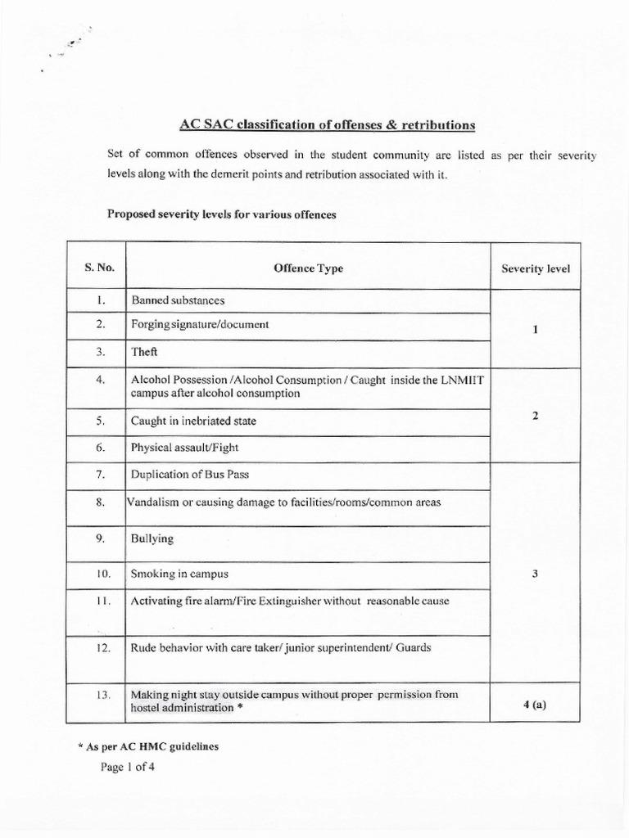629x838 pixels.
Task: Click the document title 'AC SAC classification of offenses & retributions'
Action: point(327,125)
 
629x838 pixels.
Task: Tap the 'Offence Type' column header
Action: point(308,268)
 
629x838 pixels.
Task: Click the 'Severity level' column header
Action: point(536,268)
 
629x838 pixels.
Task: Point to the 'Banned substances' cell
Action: point(178,301)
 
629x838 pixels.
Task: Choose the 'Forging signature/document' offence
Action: point(200,324)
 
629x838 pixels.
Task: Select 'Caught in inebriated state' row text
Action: point(193,421)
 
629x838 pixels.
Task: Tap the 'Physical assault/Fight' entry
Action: point(184,448)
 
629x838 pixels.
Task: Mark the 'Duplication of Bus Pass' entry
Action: point(191,475)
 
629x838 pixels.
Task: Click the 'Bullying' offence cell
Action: point(152,540)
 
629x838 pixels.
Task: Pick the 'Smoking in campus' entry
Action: point(179,574)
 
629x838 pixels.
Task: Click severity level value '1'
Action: point(535,329)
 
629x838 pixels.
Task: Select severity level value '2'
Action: point(535,416)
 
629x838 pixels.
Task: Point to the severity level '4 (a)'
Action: point(534,703)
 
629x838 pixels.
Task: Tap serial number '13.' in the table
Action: point(102,695)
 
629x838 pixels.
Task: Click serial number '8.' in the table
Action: point(101,502)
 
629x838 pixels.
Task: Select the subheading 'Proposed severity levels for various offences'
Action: point(222,214)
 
